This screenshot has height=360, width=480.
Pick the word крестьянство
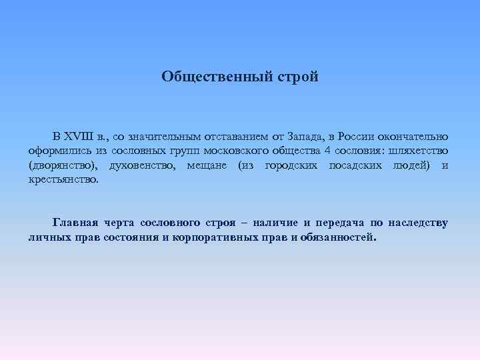tap(63, 179)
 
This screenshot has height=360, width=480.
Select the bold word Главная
tap(75, 223)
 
